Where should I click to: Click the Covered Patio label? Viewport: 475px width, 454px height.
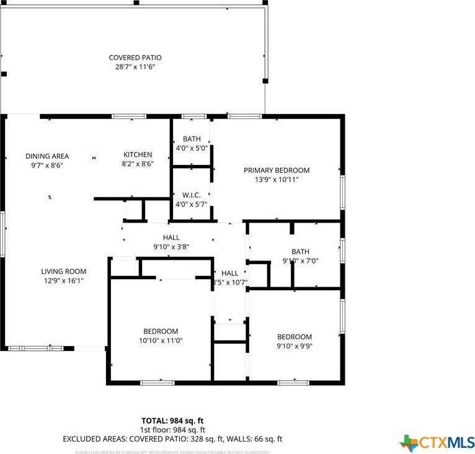[135, 58]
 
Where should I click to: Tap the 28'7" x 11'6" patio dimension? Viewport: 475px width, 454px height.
[135, 66]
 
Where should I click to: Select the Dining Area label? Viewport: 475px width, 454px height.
[47, 156]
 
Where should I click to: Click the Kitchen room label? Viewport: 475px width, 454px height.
[138, 154]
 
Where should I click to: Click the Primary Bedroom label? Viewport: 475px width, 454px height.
[277, 170]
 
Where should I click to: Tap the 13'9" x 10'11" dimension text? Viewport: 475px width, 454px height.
[277, 179]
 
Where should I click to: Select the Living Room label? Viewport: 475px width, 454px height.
[64, 271]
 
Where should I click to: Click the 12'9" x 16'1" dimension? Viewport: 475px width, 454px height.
[64, 280]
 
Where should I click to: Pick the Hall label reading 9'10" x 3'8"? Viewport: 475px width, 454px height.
[171, 238]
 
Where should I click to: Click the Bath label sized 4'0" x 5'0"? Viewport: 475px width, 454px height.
[192, 139]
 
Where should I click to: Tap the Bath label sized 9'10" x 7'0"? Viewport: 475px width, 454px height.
[300, 251]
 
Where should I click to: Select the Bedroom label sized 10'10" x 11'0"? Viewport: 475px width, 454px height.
[161, 331]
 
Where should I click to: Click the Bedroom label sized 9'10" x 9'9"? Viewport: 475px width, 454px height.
[294, 337]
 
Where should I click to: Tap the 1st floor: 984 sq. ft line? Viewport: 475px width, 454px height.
[172, 429]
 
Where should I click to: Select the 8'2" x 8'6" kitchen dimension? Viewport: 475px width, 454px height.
[138, 164]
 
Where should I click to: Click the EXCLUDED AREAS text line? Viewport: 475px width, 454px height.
[172, 438]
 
